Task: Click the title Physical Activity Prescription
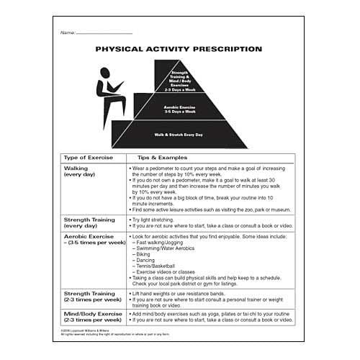coord(179,50)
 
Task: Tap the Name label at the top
coord(68,33)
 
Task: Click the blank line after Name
coord(104,34)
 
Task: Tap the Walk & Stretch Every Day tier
coord(179,135)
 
